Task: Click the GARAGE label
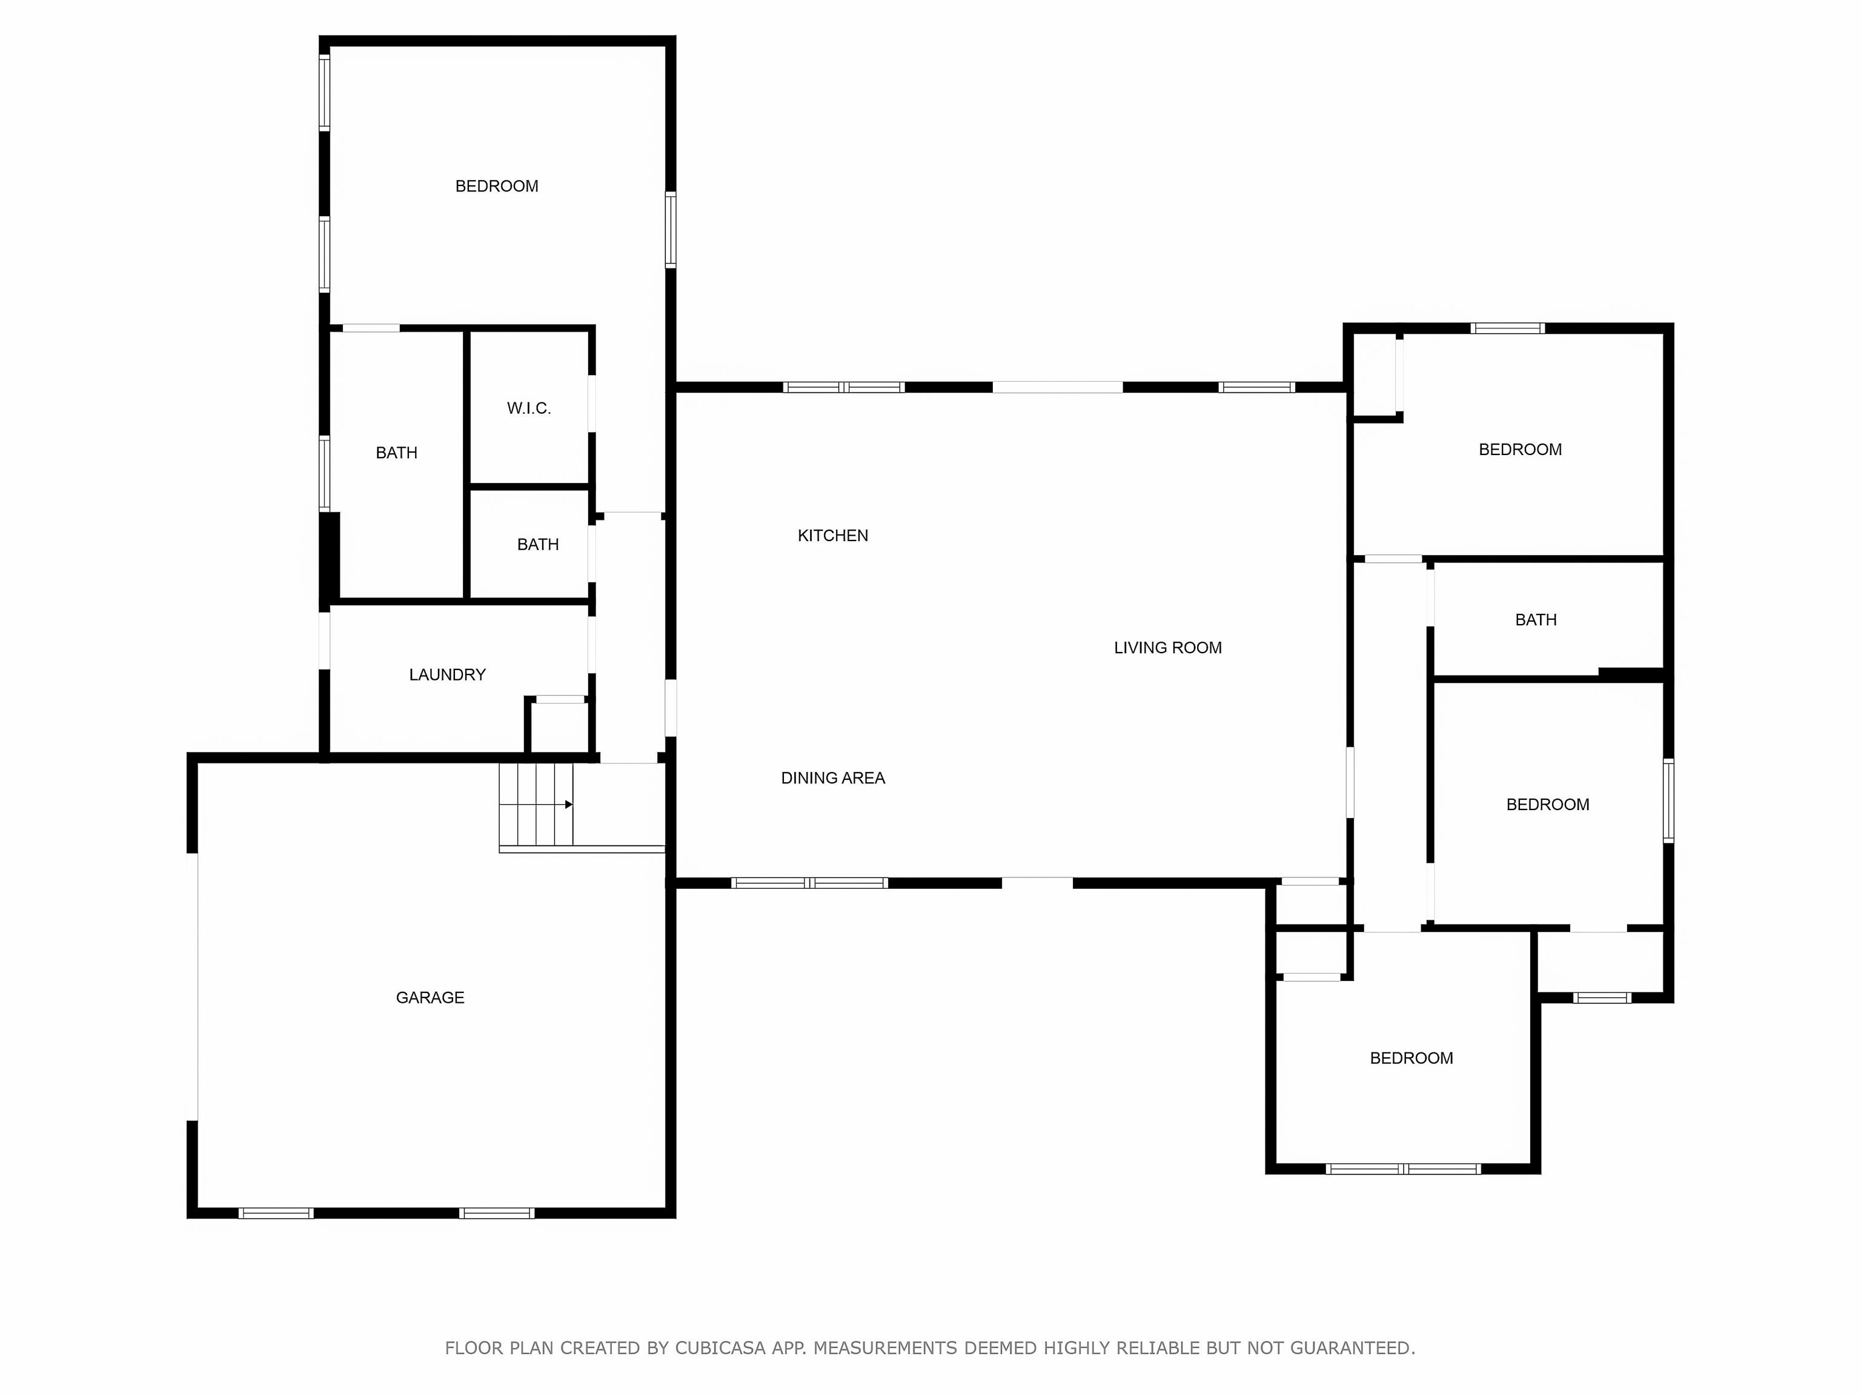pos(430,997)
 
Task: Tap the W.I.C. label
pos(528,408)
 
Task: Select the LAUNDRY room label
pos(446,674)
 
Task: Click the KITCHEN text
pos(832,535)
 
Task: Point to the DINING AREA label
pos(832,777)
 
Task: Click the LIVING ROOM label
pos(1167,647)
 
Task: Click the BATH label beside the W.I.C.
pos(396,453)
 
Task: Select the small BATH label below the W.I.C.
pos(537,545)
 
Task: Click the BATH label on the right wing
pos(1536,619)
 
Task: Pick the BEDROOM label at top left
pos(496,186)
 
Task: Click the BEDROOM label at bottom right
pos(1411,1058)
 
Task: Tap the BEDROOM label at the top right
pos(1519,450)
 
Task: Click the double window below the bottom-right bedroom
pos(1402,1168)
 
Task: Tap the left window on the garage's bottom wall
pos(276,1212)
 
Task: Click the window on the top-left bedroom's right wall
pos(671,229)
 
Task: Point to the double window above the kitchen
pos(843,387)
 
